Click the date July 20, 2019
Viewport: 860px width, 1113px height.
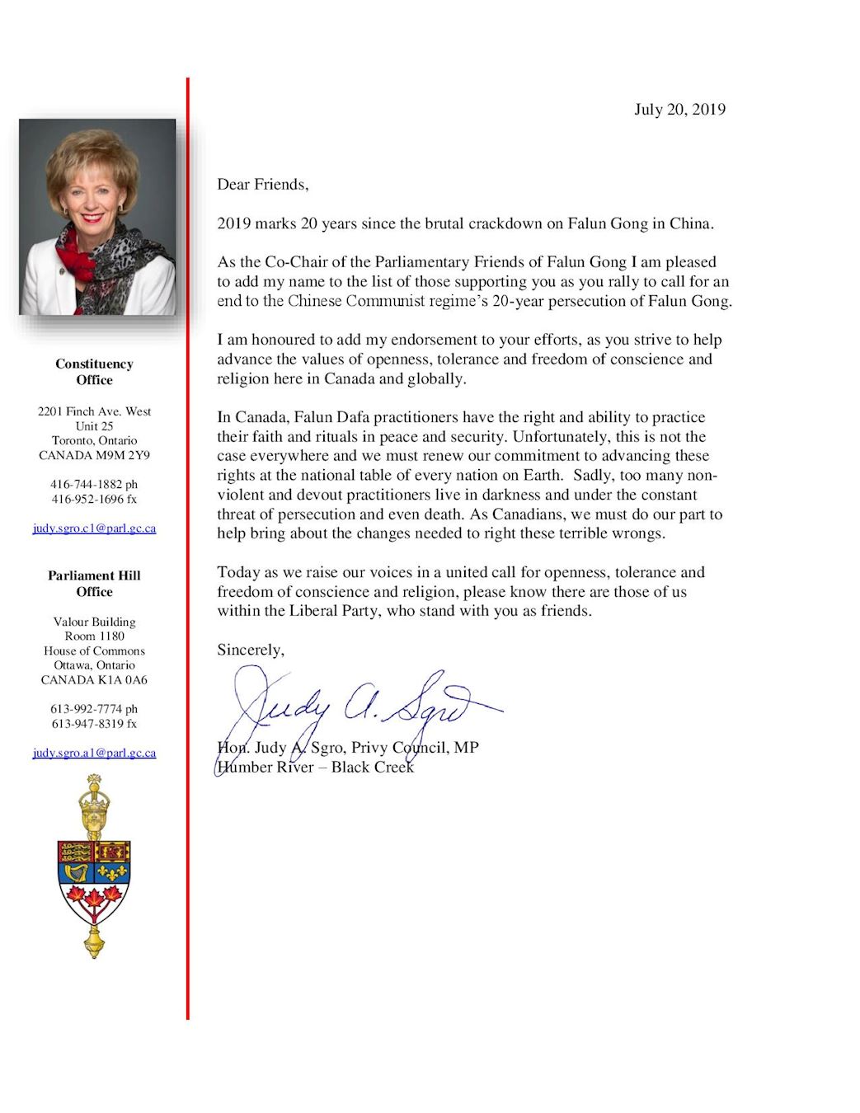[x=679, y=110]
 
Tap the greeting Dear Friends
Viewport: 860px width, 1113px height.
[x=262, y=185]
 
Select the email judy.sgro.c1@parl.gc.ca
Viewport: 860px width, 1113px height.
[x=94, y=528]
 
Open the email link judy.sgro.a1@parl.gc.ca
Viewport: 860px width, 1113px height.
[x=94, y=753]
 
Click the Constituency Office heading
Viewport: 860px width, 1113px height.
[x=94, y=372]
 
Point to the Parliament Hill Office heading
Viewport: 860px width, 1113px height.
[x=94, y=584]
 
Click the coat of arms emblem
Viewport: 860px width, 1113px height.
[x=94, y=866]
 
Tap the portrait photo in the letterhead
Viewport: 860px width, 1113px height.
[x=97, y=217]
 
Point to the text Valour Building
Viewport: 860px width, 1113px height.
[x=94, y=622]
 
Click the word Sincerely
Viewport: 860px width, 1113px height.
[x=250, y=650]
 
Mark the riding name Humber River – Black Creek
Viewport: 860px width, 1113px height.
[x=315, y=768]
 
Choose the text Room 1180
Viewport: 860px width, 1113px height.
[x=94, y=636]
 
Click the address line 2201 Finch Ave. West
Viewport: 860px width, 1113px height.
[x=94, y=411]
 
